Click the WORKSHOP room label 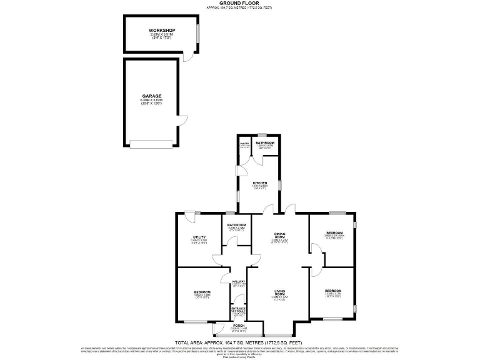[x=162, y=31]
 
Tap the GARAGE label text [x=152, y=96]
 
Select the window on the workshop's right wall [x=198, y=33]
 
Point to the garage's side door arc [x=182, y=121]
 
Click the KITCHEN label [x=260, y=183]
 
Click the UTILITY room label [x=199, y=237]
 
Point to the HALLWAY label [x=239, y=282]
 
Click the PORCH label [x=239, y=326]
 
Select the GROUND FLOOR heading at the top [x=239, y=3]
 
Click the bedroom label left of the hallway [x=202, y=292]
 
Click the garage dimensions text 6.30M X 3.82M [x=152, y=101]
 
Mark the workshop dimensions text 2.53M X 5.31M [x=162, y=35]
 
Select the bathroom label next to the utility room [x=236, y=224]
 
